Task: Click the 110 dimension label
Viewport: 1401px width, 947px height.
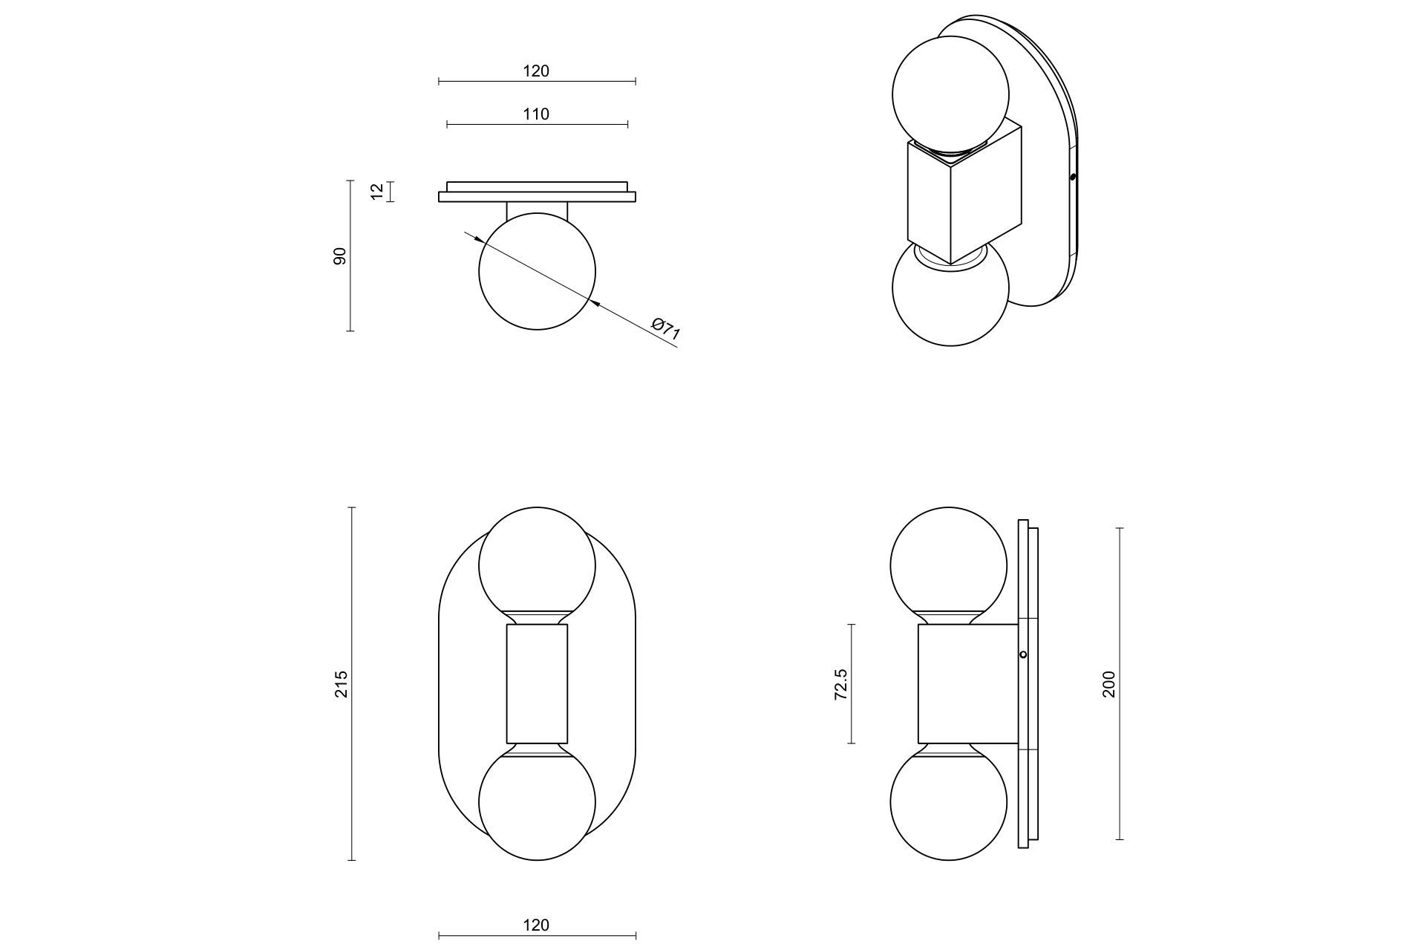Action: click(x=536, y=114)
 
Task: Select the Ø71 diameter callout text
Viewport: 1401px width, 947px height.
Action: click(x=665, y=329)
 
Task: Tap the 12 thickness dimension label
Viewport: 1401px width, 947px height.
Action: click(x=378, y=192)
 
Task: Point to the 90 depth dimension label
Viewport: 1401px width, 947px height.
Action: click(x=340, y=256)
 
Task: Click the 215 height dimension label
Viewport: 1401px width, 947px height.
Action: click(x=341, y=684)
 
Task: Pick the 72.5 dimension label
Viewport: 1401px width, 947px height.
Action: click(x=840, y=684)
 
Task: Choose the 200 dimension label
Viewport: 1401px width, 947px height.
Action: click(x=1108, y=684)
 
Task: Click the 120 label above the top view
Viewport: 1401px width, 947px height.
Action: click(x=536, y=71)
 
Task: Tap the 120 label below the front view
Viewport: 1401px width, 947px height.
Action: click(x=536, y=925)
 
